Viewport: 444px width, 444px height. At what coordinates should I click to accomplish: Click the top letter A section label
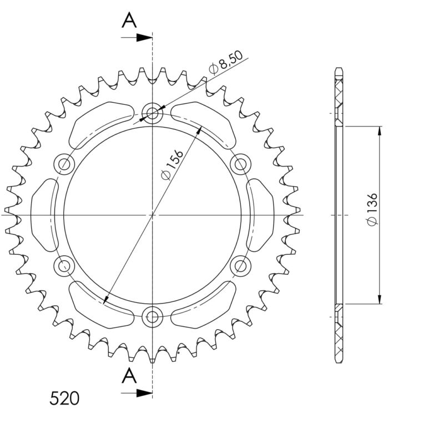coord(129,21)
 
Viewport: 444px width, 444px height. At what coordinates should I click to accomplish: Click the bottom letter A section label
coord(129,376)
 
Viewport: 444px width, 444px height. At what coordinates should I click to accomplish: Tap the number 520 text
coord(64,398)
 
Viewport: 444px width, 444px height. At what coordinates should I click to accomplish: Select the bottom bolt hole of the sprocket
coord(152,317)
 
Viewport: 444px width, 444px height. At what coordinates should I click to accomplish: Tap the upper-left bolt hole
coord(65,164)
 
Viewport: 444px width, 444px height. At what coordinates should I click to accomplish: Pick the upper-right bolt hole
coord(240,164)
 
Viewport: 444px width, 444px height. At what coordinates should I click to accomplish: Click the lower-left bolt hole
coord(65,265)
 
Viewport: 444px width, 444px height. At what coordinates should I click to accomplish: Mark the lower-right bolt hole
coord(240,265)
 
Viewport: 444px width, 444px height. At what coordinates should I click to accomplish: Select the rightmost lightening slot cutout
coord(260,214)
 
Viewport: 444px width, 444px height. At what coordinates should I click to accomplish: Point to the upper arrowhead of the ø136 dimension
coord(380,131)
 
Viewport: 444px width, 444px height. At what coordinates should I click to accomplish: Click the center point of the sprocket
coord(152,214)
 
